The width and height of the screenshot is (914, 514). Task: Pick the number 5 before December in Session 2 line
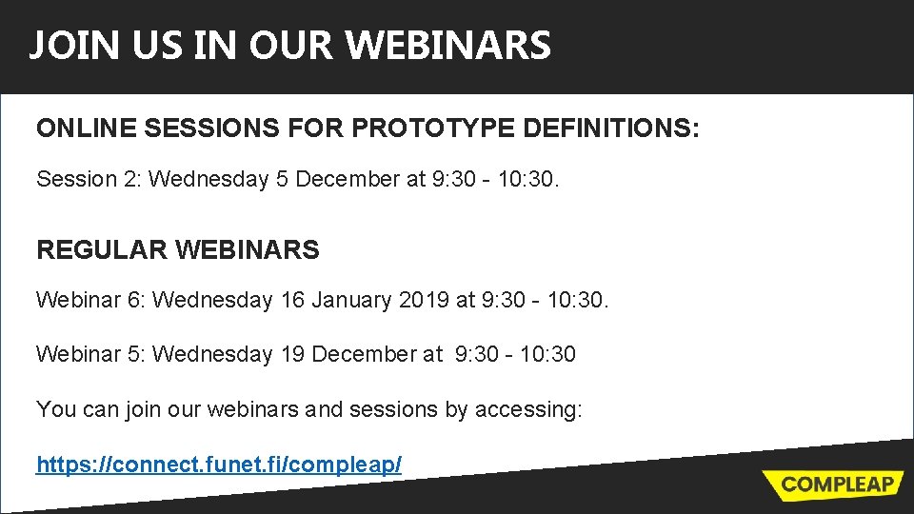(x=283, y=179)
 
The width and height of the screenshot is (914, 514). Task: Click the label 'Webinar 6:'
(x=89, y=300)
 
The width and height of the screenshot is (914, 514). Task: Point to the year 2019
(x=425, y=300)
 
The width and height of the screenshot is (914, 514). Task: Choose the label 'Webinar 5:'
(x=89, y=354)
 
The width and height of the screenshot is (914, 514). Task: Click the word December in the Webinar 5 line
(x=363, y=354)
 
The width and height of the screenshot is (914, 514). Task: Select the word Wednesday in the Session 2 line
(x=209, y=179)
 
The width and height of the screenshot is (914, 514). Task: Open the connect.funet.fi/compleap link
(x=219, y=465)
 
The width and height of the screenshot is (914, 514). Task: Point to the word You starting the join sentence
(x=54, y=409)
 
